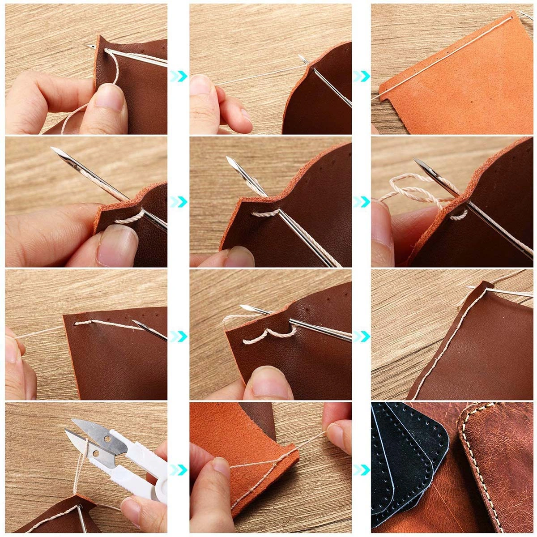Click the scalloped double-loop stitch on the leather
(x=268, y=336)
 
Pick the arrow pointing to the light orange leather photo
(x=362, y=76)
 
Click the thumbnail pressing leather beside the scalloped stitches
(x=266, y=378)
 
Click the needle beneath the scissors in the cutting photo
(x=81, y=519)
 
